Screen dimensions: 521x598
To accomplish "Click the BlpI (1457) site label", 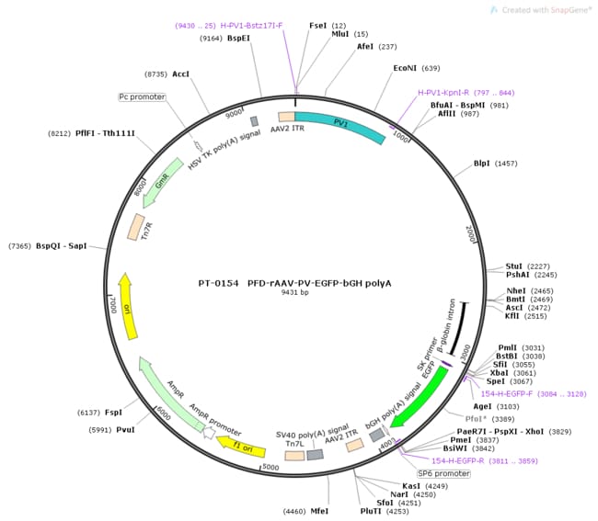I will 482,164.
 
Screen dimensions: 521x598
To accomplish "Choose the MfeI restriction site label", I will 320,511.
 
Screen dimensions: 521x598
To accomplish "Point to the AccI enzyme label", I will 180,73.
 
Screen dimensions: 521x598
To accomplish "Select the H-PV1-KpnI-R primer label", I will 443,92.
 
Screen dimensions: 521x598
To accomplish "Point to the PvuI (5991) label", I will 134,429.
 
